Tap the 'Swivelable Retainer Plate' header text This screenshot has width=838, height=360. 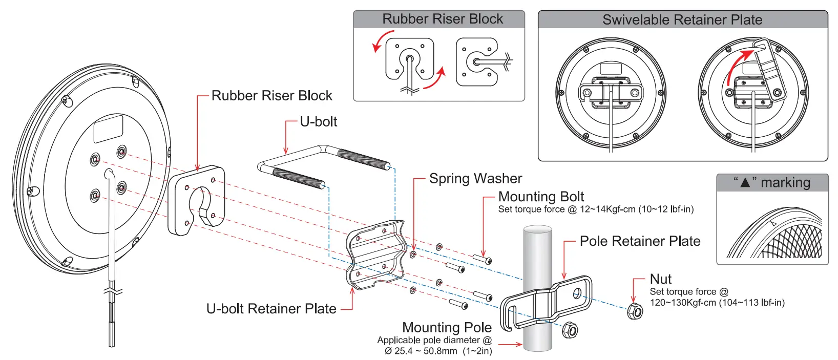click(x=682, y=20)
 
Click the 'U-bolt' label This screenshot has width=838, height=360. click(x=318, y=122)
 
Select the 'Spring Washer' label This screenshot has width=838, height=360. click(x=475, y=178)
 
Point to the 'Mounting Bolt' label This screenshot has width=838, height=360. click(x=541, y=197)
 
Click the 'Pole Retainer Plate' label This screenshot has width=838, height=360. click(x=640, y=241)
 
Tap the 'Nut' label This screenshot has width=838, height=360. click(x=660, y=279)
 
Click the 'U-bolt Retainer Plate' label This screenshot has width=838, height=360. click(x=271, y=309)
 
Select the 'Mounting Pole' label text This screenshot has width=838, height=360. click(x=447, y=327)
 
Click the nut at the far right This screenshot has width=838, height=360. click(x=635, y=311)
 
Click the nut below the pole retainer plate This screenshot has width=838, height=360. click(x=570, y=330)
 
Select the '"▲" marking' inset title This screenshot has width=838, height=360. click(x=772, y=183)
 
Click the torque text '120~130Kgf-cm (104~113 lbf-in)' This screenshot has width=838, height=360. click(x=717, y=303)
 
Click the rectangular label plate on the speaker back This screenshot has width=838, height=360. click(x=108, y=129)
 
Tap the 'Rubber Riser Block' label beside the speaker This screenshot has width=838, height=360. click(x=271, y=96)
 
